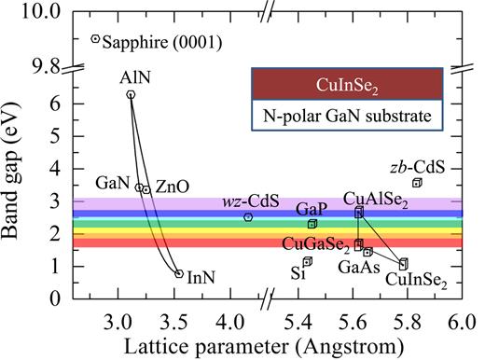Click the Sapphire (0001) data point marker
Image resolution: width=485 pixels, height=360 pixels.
[x=95, y=39]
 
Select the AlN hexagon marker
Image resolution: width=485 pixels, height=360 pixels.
[x=131, y=94]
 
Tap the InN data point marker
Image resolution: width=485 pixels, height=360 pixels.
[x=179, y=273]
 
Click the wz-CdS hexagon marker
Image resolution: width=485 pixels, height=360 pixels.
[x=248, y=217]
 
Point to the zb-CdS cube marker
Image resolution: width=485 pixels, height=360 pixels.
[x=417, y=183]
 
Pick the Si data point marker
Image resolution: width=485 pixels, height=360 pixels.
[x=307, y=261]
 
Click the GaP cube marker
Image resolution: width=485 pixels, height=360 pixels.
[x=312, y=224]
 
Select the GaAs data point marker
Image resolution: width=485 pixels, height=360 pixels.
[x=367, y=252]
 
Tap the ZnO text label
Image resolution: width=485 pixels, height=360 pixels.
[x=172, y=187]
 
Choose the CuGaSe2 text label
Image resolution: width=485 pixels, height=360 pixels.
[x=316, y=244]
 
